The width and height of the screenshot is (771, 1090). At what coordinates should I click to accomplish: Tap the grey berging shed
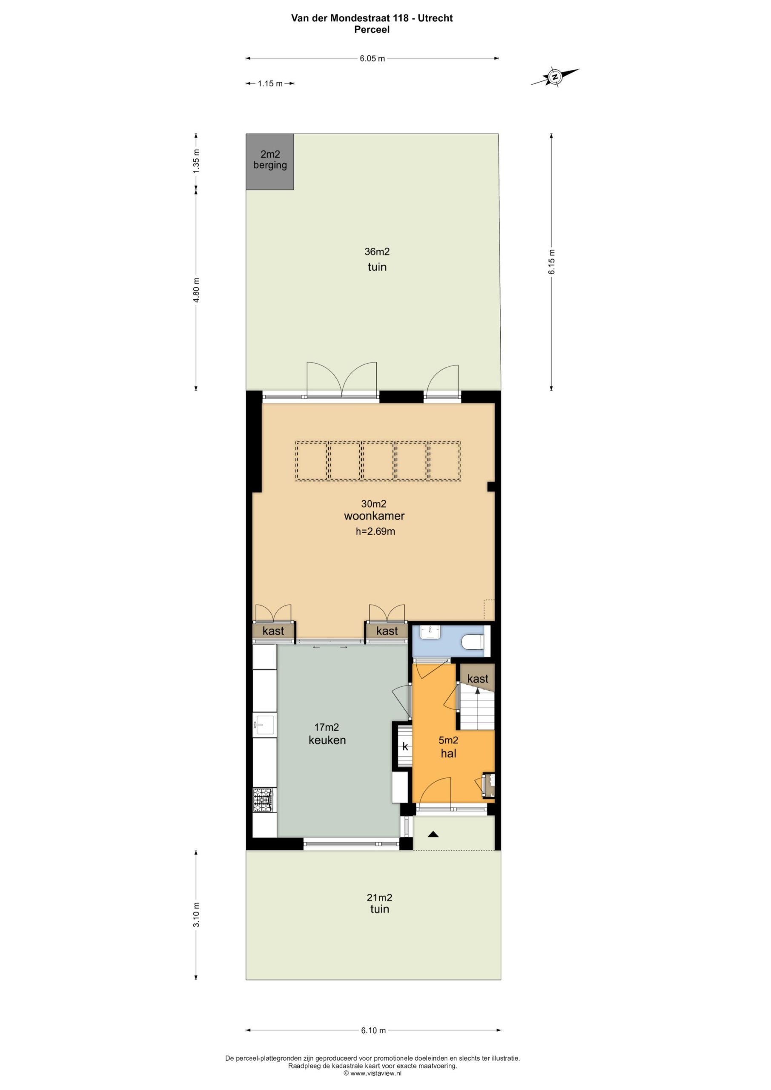pos(269,162)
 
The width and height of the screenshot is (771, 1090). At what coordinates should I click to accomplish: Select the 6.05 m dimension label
pos(372,58)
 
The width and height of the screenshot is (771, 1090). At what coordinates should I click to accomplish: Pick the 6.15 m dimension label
pos(552,261)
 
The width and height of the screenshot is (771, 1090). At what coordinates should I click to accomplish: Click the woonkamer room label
pos(374,516)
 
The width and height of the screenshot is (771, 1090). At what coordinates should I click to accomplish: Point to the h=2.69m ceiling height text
pos(375,531)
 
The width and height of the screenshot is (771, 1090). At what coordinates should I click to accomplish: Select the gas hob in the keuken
pos(263,800)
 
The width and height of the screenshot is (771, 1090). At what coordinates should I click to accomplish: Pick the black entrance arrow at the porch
pos(433,834)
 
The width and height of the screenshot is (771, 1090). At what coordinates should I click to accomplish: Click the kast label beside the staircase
pos(478,679)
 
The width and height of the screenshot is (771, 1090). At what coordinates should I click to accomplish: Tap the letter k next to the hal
pos(405,746)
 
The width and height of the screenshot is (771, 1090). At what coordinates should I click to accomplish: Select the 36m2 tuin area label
pos(377,259)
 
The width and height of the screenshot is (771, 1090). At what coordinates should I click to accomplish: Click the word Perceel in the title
pos(372,29)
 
